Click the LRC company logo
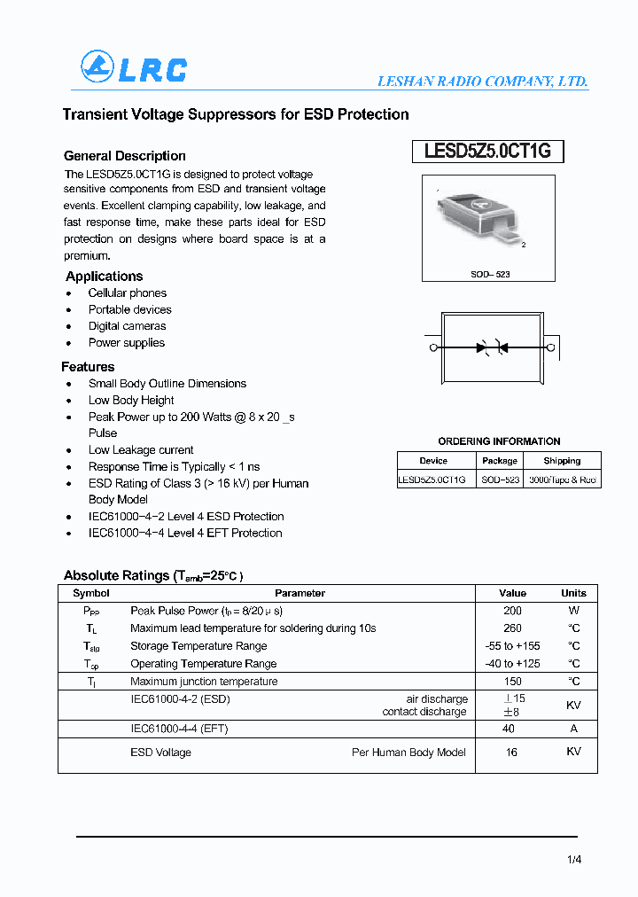pyautogui.click(x=134, y=68)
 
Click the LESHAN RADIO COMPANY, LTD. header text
pyautogui.click(x=482, y=81)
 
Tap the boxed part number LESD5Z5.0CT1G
pyautogui.click(x=487, y=152)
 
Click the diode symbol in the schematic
pyautogui.click(x=491, y=347)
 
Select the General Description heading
pyautogui.click(x=125, y=156)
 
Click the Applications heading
pyautogui.click(x=104, y=277)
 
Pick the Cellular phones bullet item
pyautogui.click(x=127, y=293)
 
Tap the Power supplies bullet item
pyautogui.click(x=126, y=343)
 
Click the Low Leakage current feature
pyautogui.click(x=140, y=450)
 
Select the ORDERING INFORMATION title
pyautogui.click(x=499, y=441)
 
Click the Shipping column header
pyautogui.click(x=562, y=461)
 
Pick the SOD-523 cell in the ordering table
pyautogui.click(x=500, y=480)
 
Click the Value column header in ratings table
pyautogui.click(x=512, y=593)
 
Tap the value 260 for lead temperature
pyautogui.click(x=512, y=628)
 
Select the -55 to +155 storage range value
pyautogui.click(x=512, y=646)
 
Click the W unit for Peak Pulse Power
pyautogui.click(x=573, y=611)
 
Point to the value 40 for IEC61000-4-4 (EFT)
pyautogui.click(x=509, y=729)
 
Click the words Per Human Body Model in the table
pyautogui.click(x=408, y=753)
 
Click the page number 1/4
pyautogui.click(x=574, y=859)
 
